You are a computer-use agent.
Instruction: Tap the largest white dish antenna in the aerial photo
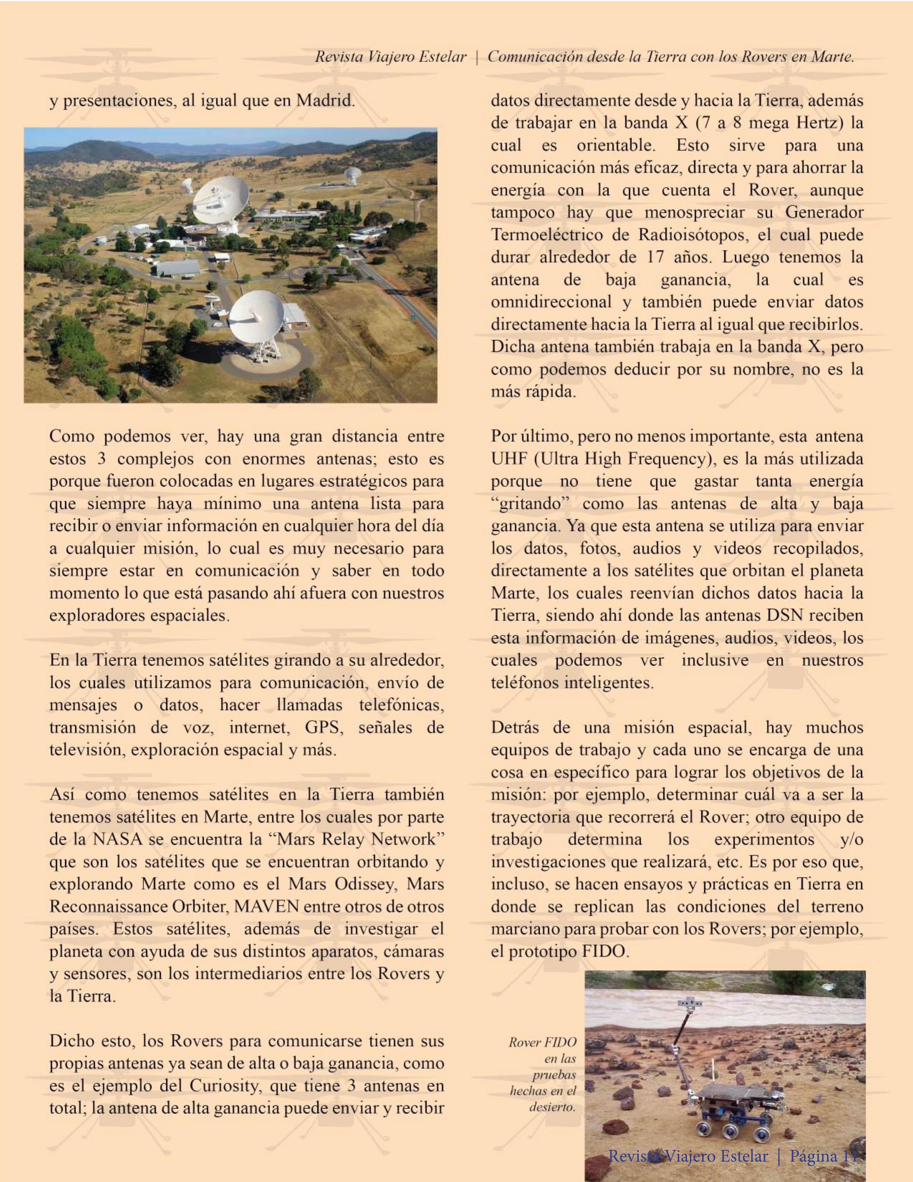[221, 199]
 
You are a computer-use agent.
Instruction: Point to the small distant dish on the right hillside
[353, 174]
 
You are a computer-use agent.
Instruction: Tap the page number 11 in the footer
[850, 1157]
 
